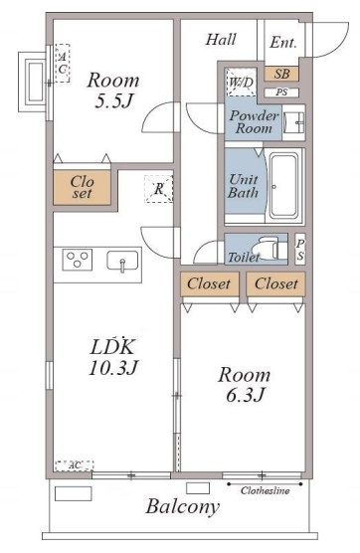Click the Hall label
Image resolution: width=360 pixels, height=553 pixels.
(221, 39)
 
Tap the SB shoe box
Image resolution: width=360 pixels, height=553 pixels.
(281, 74)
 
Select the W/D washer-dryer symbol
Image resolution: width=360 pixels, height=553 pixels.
(242, 82)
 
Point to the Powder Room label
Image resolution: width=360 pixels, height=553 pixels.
(254, 121)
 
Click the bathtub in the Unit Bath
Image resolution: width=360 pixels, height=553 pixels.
(283, 186)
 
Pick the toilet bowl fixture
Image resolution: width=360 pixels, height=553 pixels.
(269, 248)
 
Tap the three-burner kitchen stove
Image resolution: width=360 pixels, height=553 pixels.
(78, 260)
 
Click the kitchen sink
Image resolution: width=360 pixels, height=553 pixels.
(122, 261)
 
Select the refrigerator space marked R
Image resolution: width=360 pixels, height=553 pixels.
(158, 189)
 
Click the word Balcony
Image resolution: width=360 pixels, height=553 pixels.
(183, 507)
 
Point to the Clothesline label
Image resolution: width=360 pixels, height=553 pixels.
(266, 490)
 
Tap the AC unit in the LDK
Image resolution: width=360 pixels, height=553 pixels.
(75, 465)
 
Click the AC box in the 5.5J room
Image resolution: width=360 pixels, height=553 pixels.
(63, 63)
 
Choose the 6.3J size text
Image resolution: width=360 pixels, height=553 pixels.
(245, 395)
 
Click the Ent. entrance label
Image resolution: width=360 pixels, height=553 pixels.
(283, 43)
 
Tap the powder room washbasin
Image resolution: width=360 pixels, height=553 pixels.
(294, 122)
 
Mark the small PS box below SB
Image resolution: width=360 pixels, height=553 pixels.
(281, 92)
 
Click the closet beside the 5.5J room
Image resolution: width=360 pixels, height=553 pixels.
(82, 187)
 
